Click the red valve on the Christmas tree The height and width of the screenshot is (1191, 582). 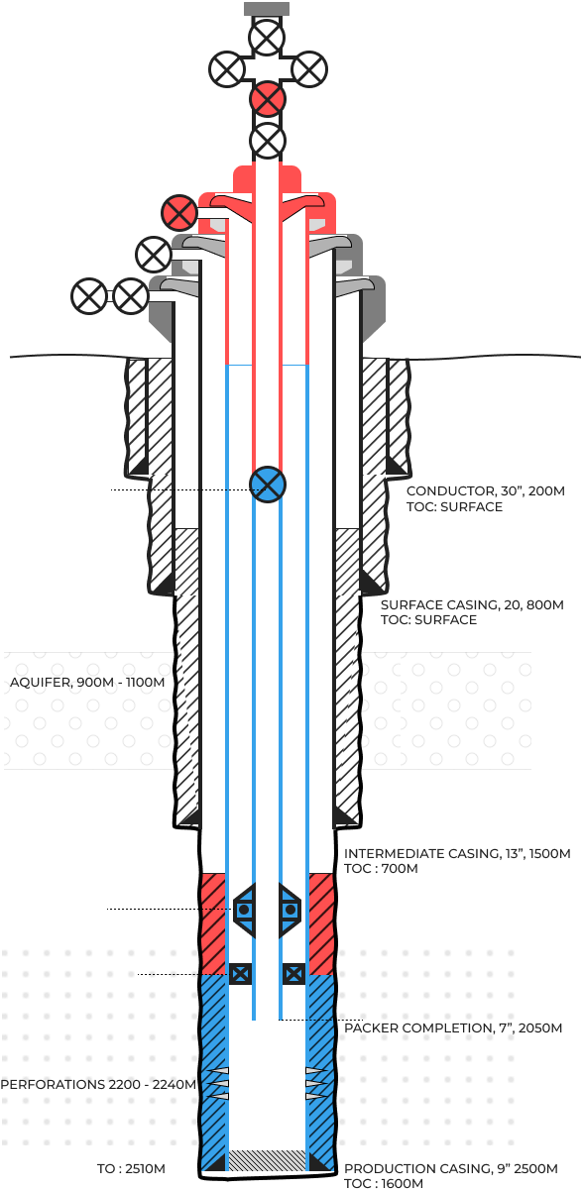[268, 99]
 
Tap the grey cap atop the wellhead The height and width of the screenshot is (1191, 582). [267, 9]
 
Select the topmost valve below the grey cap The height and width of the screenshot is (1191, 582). [267, 38]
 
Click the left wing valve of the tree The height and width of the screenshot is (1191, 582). [227, 69]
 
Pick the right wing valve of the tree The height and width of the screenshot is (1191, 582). [309, 69]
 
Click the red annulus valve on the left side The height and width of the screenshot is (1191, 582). [179, 213]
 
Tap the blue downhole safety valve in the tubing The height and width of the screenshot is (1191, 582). [268, 485]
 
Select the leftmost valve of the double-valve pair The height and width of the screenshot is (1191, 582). [89, 296]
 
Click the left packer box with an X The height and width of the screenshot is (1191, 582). [240, 974]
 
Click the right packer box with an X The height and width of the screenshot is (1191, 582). [293, 974]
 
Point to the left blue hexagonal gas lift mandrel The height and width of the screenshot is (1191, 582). [244, 911]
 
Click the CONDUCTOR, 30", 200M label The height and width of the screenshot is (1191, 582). [486, 490]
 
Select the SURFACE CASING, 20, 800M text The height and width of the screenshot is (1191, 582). [472, 605]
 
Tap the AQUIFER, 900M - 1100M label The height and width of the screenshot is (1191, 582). [87, 682]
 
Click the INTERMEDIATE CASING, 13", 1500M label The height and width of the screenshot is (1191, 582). [457, 853]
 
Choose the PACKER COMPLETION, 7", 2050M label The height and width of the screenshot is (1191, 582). [453, 1028]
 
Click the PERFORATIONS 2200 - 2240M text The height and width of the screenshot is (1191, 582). [98, 1084]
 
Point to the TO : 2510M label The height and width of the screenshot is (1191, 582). [131, 1168]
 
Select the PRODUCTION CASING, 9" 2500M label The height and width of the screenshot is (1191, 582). [451, 1168]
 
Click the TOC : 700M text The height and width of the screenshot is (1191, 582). [381, 868]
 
